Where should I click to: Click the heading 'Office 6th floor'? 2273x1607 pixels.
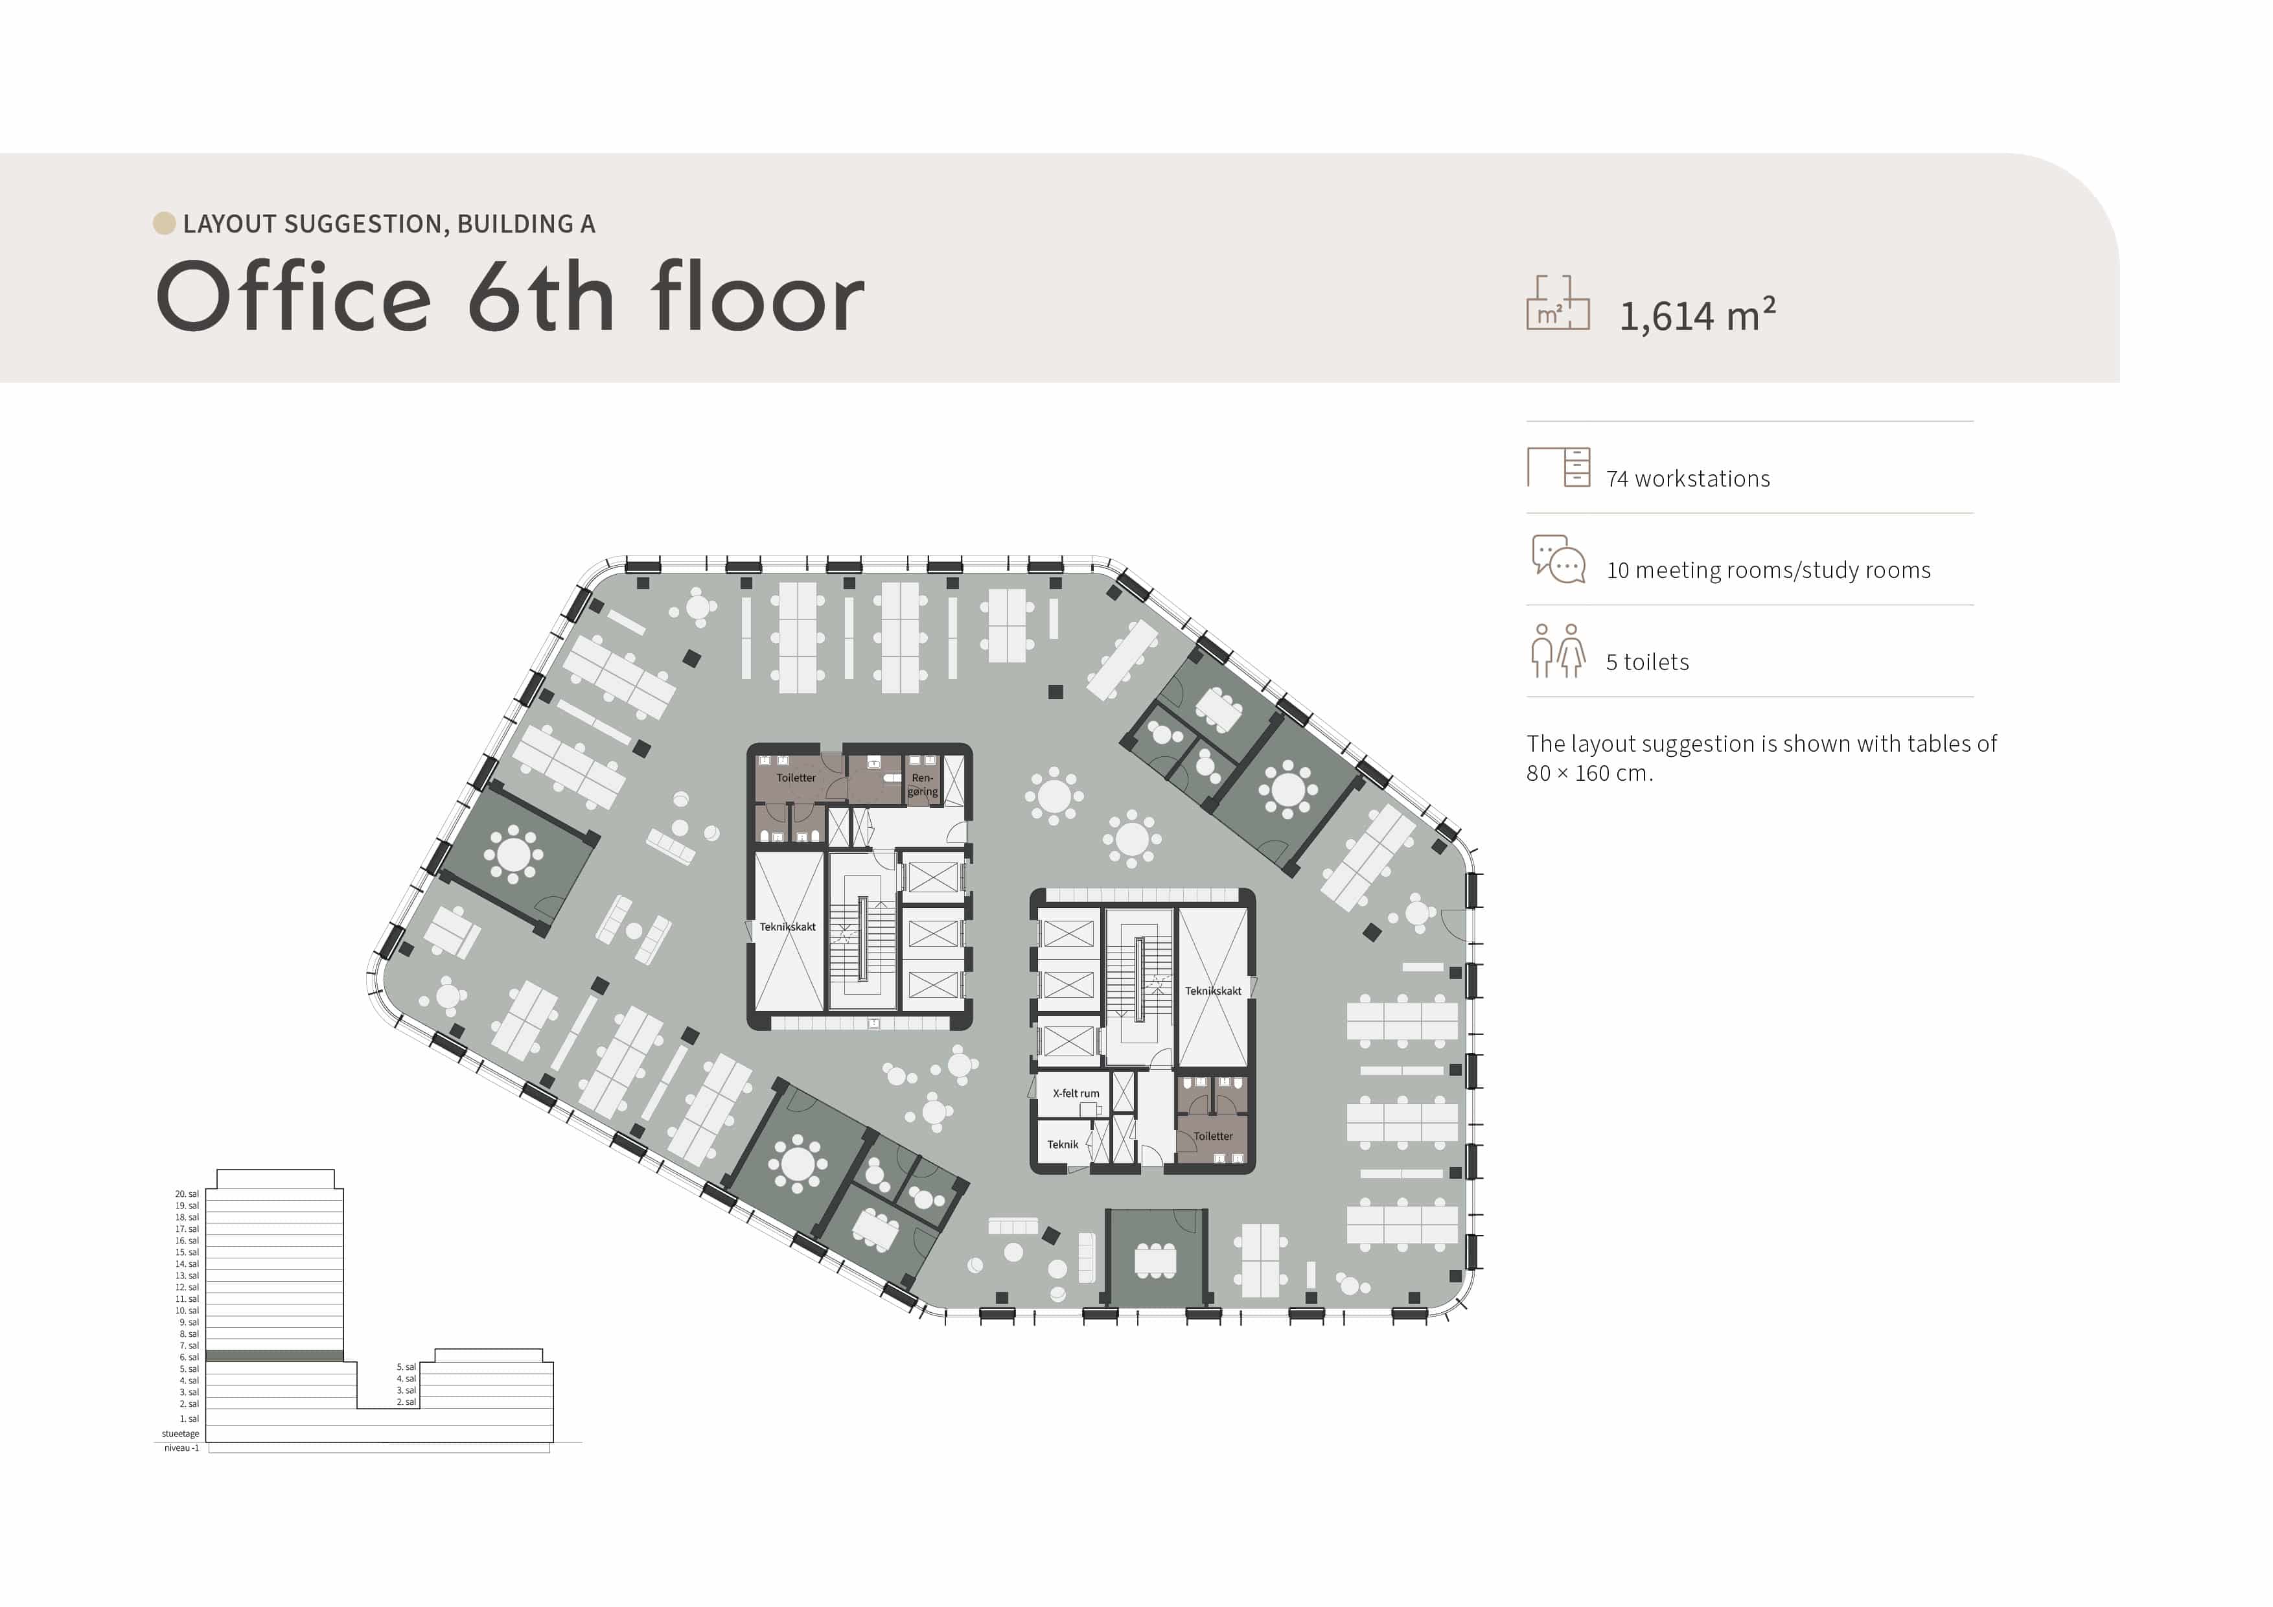[510, 296]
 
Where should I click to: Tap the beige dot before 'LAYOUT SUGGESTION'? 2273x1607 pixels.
[165, 224]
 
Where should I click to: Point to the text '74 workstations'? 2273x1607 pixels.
[1688, 480]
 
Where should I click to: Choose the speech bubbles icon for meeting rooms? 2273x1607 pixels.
[1558, 559]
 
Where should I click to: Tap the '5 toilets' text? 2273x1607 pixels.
[1647, 662]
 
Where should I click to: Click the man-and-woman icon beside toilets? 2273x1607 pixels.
[1558, 651]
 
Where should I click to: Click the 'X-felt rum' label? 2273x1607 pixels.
[1076, 1093]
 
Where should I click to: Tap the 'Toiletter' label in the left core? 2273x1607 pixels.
[796, 778]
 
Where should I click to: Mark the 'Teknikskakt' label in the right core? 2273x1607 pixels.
[1213, 991]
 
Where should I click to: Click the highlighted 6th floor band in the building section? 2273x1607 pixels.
[274, 1356]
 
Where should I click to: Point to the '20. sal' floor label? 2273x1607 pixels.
[187, 1194]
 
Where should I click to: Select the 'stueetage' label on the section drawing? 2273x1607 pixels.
[180, 1434]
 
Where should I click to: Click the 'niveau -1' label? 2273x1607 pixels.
[181, 1448]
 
